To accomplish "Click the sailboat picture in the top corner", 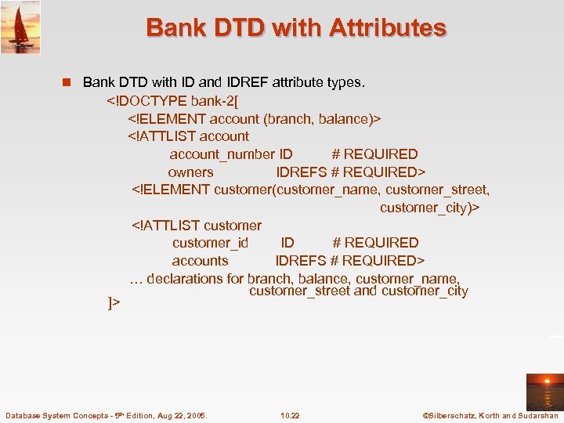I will pos(20,27).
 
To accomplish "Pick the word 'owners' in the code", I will pos(190,172).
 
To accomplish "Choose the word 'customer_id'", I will pos(210,243).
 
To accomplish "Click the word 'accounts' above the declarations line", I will pos(200,261).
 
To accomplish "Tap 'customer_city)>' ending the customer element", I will pos(429,208).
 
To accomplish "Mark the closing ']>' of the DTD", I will pos(114,302).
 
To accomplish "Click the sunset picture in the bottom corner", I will pos(544,392).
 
